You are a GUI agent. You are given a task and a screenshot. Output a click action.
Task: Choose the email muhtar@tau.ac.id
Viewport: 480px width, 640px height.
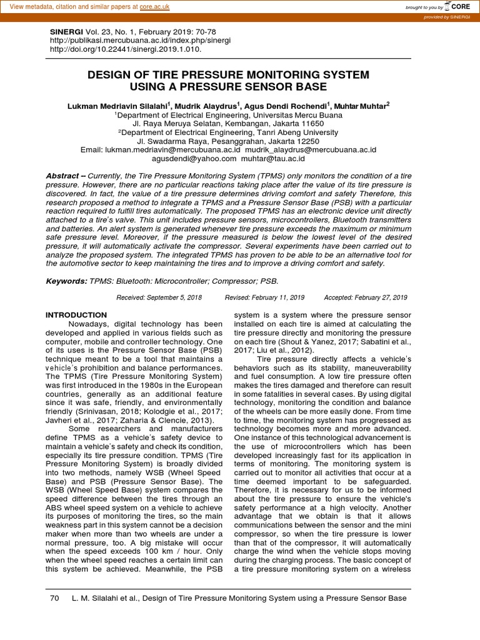(x=273, y=159)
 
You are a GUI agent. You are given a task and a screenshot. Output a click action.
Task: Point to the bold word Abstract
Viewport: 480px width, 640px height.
(x=62, y=176)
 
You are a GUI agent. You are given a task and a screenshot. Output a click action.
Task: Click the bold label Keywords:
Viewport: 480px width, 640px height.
(x=66, y=281)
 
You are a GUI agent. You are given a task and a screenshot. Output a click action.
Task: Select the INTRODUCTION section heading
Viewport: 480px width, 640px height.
(x=76, y=315)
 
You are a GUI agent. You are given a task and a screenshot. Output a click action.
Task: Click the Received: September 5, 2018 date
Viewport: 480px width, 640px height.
(x=159, y=297)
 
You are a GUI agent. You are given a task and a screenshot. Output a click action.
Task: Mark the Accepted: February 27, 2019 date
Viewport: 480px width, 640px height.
(x=365, y=297)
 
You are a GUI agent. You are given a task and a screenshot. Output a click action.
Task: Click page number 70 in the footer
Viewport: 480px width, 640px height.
(x=54, y=598)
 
